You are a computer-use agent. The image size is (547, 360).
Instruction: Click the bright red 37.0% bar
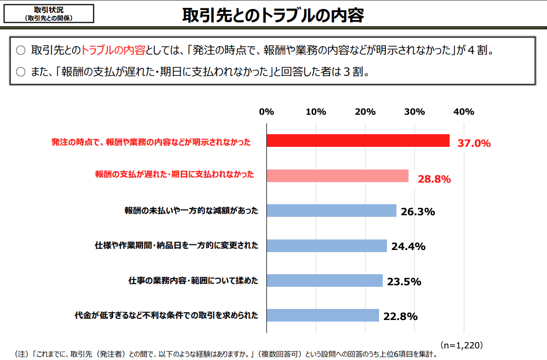click(358, 141)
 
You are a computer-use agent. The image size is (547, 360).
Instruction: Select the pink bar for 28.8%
click(337, 176)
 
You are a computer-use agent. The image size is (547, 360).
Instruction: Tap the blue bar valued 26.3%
click(331, 211)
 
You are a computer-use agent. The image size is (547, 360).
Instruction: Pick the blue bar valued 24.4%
click(327, 246)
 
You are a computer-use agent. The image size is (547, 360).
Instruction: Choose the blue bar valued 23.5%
click(325, 281)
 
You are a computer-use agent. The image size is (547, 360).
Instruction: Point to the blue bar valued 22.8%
click(323, 315)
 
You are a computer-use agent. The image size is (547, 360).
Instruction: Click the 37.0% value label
click(474, 143)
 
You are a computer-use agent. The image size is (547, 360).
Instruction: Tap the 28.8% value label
click(434, 179)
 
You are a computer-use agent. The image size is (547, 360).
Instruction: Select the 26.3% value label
click(418, 212)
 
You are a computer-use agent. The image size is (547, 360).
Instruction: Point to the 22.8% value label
click(401, 316)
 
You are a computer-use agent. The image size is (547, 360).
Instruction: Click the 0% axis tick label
click(266, 112)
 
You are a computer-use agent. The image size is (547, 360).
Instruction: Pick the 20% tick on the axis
click(365, 112)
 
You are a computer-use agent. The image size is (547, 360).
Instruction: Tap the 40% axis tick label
click(464, 112)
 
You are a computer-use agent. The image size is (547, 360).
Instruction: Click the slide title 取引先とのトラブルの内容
click(273, 15)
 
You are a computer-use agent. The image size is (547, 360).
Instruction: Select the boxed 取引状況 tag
click(49, 14)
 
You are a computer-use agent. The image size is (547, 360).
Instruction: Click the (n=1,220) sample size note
click(462, 345)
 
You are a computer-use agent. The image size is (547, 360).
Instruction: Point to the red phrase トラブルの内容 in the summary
click(113, 50)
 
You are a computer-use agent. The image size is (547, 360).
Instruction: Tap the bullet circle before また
click(21, 72)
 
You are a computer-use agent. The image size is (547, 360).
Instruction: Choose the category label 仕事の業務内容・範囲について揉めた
click(193, 281)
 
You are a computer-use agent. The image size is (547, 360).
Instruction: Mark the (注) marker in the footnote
click(21, 354)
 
